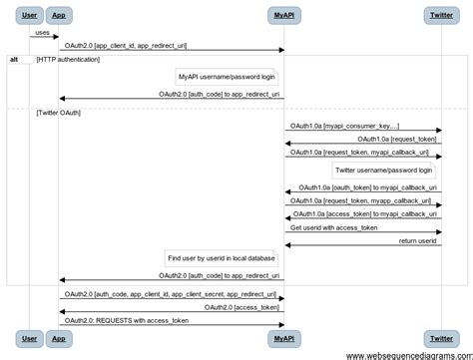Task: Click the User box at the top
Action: pyautogui.click(x=29, y=16)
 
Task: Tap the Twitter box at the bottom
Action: pyautogui.click(x=440, y=338)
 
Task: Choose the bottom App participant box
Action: pyautogui.click(x=58, y=338)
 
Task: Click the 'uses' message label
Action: pyautogui.click(x=42, y=32)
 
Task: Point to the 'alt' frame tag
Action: pyautogui.click(x=14, y=60)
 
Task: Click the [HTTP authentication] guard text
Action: pyautogui.click(x=68, y=60)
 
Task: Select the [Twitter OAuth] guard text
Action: pyautogui.click(x=59, y=113)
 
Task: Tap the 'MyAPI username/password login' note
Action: pyautogui.click(x=227, y=77)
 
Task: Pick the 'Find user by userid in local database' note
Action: pyautogui.click(x=221, y=257)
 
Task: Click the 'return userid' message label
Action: pyautogui.click(x=418, y=241)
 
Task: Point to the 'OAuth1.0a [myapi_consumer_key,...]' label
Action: pyautogui.click(x=345, y=127)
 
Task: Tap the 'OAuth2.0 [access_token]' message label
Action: pyautogui.click(x=243, y=308)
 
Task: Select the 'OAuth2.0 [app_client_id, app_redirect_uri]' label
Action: pyautogui.click(x=125, y=46)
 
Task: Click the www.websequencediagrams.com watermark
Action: pyautogui.click(x=409, y=354)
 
